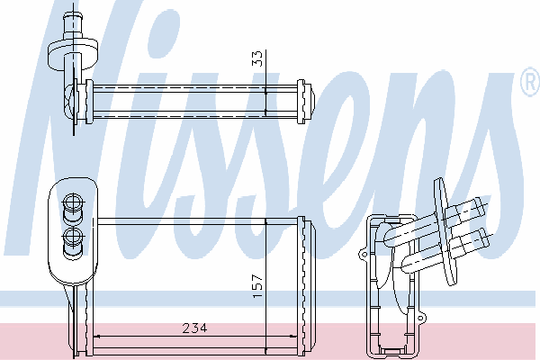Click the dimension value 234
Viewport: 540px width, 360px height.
point(194,328)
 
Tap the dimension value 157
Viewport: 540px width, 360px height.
point(258,286)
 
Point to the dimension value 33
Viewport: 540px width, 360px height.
point(257,58)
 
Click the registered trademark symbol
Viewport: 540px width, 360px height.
point(531,82)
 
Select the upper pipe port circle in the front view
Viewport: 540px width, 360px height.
point(73,202)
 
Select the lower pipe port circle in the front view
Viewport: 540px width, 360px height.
point(73,237)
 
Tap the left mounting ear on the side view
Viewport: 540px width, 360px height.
point(364,255)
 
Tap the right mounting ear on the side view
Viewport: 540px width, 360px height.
point(421,318)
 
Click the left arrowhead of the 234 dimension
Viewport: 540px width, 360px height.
point(96,336)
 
